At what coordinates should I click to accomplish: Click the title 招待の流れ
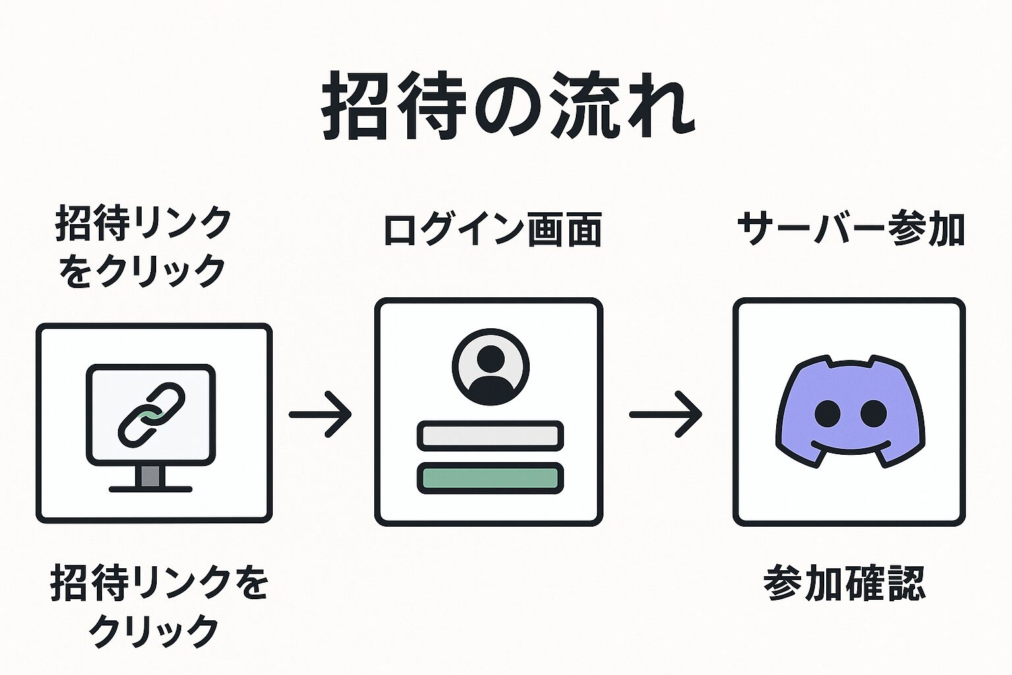tap(507, 105)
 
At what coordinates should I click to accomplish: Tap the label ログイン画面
tap(492, 231)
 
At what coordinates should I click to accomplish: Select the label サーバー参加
tap(850, 229)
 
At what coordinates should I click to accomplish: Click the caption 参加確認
tap(845, 583)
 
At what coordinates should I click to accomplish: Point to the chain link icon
tap(151, 414)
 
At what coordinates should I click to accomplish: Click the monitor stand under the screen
tap(151, 476)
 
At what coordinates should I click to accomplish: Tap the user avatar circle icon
tap(490, 367)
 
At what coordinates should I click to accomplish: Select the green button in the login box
tap(490, 478)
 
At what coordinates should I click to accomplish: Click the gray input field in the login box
tap(490, 436)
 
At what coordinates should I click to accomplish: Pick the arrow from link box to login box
tap(320, 415)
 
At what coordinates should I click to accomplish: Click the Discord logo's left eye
tap(828, 413)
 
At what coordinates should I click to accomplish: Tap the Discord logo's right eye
tap(874, 413)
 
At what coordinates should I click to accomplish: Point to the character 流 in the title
tap(583, 107)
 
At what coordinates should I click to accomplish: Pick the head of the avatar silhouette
tap(490, 358)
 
